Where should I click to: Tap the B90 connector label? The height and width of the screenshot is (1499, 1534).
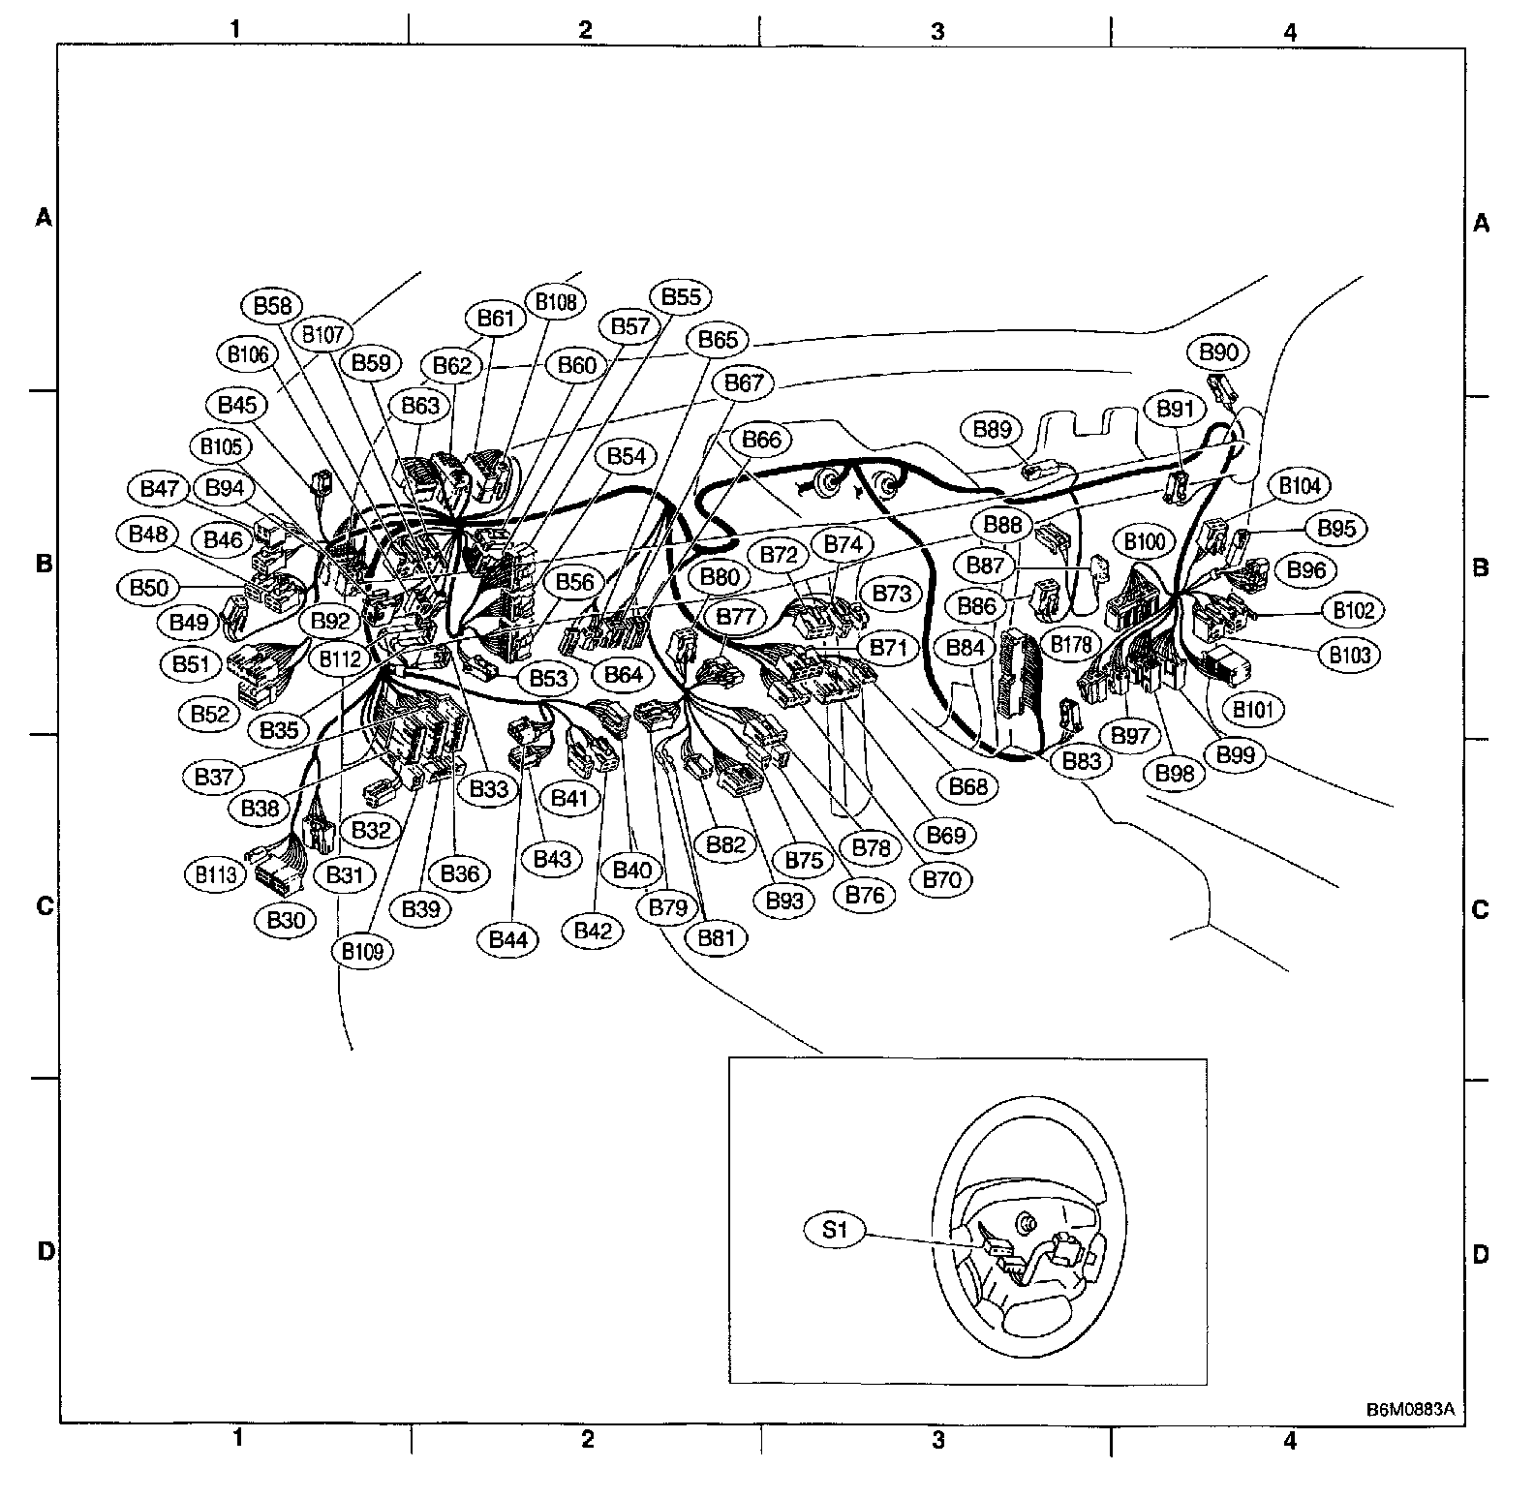pos(1218,352)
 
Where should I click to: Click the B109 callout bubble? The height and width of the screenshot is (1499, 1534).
pos(363,951)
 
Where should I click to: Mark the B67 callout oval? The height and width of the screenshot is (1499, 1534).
pos(744,383)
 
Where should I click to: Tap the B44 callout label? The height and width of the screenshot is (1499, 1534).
pos(508,939)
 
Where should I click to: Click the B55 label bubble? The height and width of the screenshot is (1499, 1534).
pos(681,297)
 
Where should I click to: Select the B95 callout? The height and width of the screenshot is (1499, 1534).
pos(1336,529)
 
